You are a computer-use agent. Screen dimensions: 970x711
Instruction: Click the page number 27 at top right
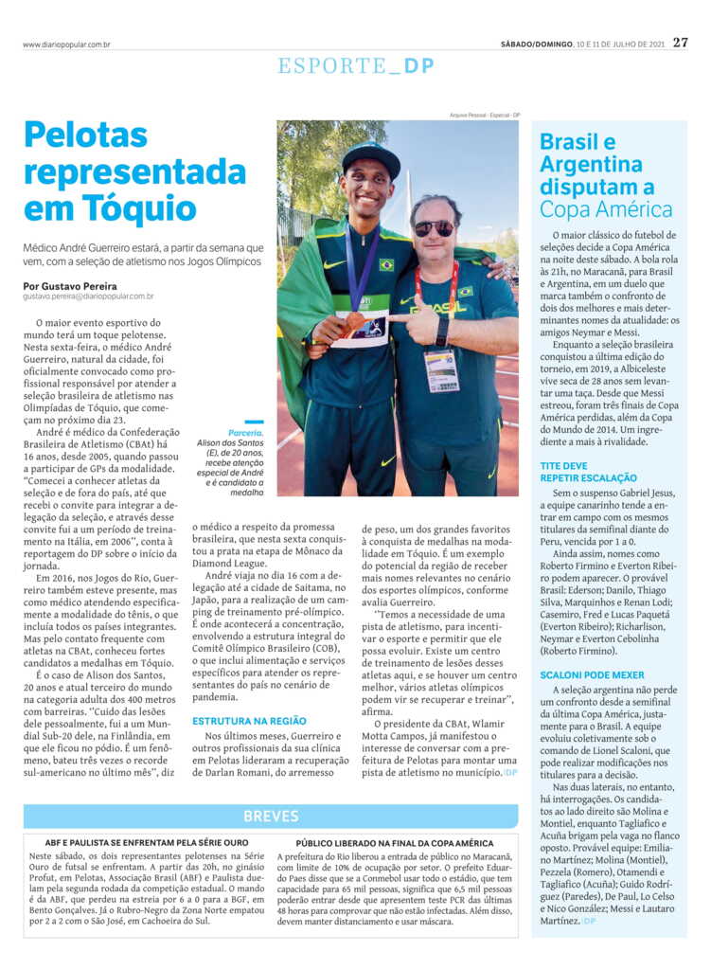click(x=681, y=43)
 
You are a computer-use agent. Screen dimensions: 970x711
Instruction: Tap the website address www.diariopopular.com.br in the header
click(x=66, y=45)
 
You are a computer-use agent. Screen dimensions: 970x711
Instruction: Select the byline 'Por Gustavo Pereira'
click(x=71, y=285)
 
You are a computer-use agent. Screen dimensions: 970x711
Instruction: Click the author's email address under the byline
click(x=91, y=296)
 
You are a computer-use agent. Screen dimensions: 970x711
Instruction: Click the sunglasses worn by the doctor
click(x=434, y=227)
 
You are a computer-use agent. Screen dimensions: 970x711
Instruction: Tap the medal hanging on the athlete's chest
click(x=355, y=322)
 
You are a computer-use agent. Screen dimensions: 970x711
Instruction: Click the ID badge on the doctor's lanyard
click(x=439, y=369)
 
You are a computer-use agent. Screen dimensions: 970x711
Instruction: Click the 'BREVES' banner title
click(x=272, y=816)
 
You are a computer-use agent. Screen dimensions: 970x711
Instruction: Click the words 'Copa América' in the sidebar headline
click(x=606, y=209)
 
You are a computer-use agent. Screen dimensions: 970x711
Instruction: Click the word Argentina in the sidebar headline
click(x=591, y=165)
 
